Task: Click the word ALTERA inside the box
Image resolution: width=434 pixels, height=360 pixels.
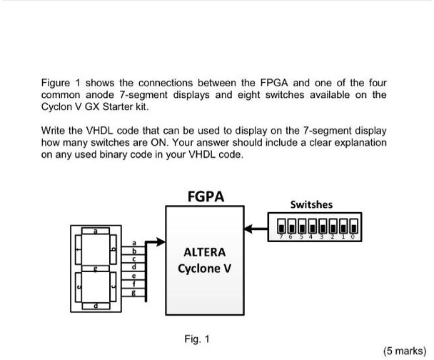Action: click(204, 252)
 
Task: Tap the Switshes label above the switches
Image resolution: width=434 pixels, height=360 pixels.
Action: click(311, 204)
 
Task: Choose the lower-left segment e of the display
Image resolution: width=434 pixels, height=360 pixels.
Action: click(76, 287)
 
